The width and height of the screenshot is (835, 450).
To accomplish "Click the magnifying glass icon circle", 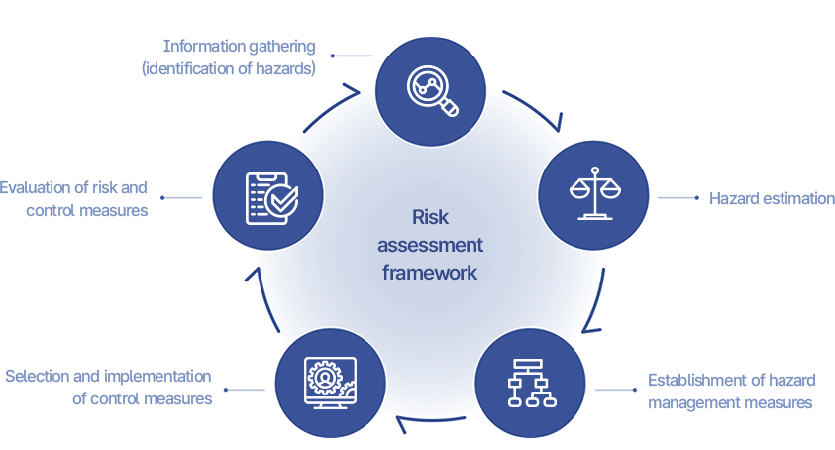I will tap(430, 85).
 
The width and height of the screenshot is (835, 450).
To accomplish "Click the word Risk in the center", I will tap(430, 217).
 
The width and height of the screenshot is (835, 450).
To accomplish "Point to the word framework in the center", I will tap(430, 272).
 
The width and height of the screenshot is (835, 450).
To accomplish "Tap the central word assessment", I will tap(430, 245).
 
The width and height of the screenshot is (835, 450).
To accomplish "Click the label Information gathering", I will tap(239, 46).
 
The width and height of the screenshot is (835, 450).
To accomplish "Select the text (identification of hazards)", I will tap(229, 68).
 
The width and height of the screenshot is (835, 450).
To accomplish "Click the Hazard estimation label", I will tap(769, 198).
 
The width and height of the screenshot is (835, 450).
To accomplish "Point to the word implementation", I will tap(161, 376).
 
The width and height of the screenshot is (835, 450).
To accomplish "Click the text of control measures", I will tap(142, 398).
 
